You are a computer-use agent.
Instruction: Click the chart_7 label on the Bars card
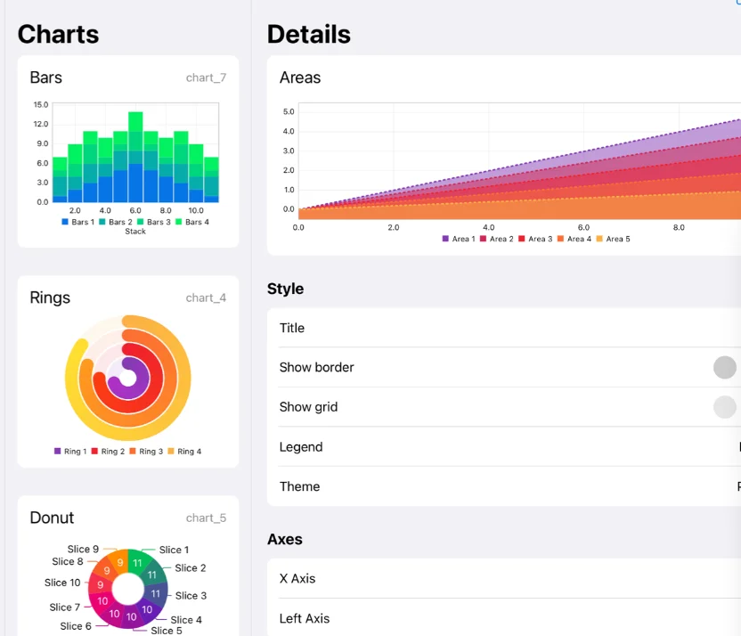206,77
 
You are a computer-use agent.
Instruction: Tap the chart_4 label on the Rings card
206,298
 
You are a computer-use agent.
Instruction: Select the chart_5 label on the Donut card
206,518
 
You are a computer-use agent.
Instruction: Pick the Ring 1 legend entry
70,452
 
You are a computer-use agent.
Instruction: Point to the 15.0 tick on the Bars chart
41,104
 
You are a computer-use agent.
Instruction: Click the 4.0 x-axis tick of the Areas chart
488,227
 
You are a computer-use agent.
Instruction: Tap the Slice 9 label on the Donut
83,549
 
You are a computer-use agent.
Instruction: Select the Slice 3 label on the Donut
191,596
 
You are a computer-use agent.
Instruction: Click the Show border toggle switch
725,367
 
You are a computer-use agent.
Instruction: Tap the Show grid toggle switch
725,407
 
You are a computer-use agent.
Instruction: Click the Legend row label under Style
301,447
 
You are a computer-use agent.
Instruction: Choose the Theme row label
299,486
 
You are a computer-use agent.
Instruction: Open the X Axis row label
297,579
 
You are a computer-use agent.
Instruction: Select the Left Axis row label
305,618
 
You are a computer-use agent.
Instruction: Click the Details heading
308,34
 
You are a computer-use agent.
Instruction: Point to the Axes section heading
285,539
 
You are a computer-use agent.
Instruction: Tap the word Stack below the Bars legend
135,232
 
